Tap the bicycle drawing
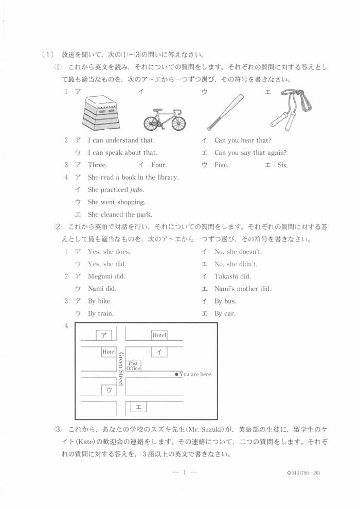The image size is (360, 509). pyautogui.click(x=164, y=120)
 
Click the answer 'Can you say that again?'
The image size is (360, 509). pyautogui.click(x=250, y=153)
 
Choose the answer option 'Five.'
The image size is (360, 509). pyautogui.click(x=221, y=165)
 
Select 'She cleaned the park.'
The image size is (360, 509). pyautogui.click(x=120, y=215)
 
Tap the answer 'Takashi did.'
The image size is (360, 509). pyautogui.click(x=232, y=276)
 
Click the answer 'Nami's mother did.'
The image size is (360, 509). pyautogui.click(x=242, y=289)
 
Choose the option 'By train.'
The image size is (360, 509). pyautogui.click(x=101, y=313)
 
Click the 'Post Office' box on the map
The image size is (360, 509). pyautogui.click(x=133, y=365)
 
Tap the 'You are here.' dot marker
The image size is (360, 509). pyautogui.click(x=176, y=374)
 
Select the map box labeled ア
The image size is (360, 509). pyautogui.click(x=104, y=335)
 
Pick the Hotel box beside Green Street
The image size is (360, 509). pyautogui.click(x=109, y=352)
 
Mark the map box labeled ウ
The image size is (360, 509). pyautogui.click(x=109, y=390)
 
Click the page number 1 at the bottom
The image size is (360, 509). pyautogui.click(x=184, y=473)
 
